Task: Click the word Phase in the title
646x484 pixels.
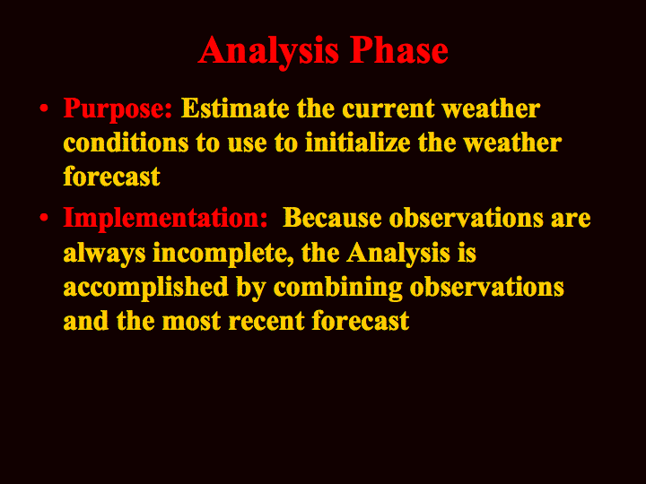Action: (x=398, y=50)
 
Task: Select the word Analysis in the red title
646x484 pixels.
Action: (x=268, y=52)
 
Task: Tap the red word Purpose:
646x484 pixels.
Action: (x=118, y=109)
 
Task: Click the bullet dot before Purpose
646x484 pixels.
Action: (x=44, y=109)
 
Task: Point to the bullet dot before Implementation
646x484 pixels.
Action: (x=44, y=218)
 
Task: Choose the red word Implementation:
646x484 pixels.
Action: (x=165, y=219)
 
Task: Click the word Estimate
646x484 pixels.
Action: (x=235, y=108)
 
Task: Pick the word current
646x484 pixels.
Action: (x=388, y=109)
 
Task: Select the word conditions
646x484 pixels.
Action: (x=126, y=143)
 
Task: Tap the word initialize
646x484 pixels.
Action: (x=358, y=143)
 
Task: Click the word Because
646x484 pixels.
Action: (x=332, y=218)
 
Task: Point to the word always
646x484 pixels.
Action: (x=105, y=254)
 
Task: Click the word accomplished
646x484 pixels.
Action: (x=146, y=288)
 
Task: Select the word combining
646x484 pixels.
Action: (x=338, y=288)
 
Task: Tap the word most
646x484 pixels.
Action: (x=192, y=322)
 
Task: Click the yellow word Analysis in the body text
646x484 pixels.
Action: (x=398, y=254)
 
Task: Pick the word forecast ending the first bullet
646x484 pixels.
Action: (x=111, y=177)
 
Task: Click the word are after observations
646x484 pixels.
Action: (x=571, y=219)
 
